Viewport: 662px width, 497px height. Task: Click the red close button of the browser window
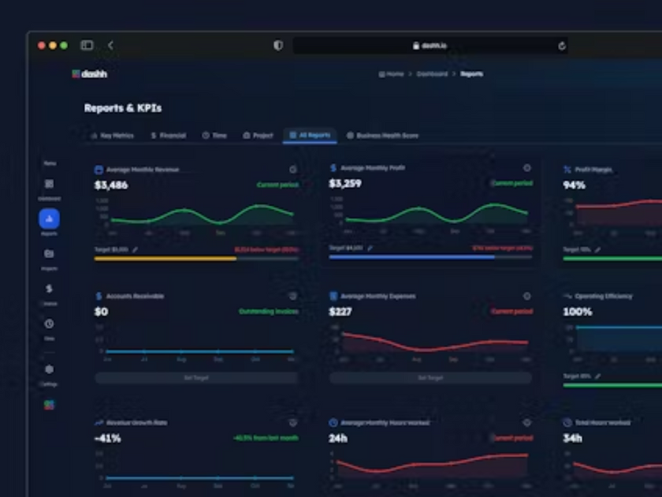coord(42,46)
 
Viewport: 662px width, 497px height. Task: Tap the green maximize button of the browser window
coord(64,46)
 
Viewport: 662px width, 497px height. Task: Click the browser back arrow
coord(110,46)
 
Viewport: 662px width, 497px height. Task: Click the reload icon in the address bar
coord(562,46)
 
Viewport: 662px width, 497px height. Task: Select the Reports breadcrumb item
coord(471,74)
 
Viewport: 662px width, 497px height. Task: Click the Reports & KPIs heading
coord(123,108)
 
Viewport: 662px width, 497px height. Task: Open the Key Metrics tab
coord(113,136)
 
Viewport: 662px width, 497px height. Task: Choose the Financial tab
coord(169,136)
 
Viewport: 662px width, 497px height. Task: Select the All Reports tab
coord(310,136)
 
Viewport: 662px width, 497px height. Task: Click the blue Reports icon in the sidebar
coord(49,219)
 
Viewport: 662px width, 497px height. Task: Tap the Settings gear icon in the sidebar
coord(49,369)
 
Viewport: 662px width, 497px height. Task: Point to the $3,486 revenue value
coord(110,185)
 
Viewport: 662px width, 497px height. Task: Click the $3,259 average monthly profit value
coord(345,184)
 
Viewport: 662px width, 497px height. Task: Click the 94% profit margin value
coord(574,185)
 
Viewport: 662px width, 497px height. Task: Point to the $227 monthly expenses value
coord(340,312)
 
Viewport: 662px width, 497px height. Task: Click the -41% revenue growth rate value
coord(107,438)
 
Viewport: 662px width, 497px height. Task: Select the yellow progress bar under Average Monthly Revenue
coord(165,258)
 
